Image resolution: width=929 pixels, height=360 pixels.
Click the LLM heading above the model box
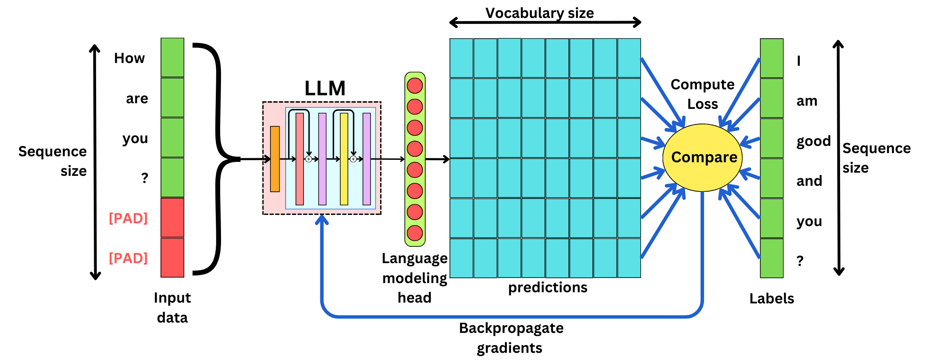tap(325, 89)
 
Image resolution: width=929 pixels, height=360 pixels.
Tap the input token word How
tap(129, 58)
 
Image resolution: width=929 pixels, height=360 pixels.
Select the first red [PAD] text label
tap(128, 218)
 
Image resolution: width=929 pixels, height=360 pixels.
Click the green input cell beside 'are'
tap(172, 98)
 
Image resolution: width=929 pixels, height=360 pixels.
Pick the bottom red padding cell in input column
tap(172, 258)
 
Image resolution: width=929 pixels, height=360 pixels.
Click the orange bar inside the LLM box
tap(275, 159)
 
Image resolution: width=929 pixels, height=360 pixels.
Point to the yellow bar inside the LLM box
tap(344, 159)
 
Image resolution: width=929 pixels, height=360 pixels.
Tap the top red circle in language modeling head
tap(415, 86)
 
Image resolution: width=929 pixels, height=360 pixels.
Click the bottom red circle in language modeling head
tap(415, 233)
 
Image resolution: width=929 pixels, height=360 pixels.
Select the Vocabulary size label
tap(539, 13)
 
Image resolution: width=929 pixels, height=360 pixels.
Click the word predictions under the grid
tap(547, 287)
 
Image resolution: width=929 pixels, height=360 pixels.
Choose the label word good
tap(813, 141)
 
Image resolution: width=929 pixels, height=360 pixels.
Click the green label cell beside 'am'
tap(771, 98)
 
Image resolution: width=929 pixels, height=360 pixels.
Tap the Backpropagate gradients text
tap(511, 338)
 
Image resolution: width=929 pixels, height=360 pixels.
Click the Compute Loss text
tap(702, 94)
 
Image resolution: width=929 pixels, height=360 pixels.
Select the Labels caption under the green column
tap(771, 299)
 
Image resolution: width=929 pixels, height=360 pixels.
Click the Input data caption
tap(172, 307)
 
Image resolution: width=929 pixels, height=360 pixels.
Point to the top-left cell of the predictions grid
tap(462, 58)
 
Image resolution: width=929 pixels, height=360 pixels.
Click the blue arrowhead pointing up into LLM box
tap(322, 219)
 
